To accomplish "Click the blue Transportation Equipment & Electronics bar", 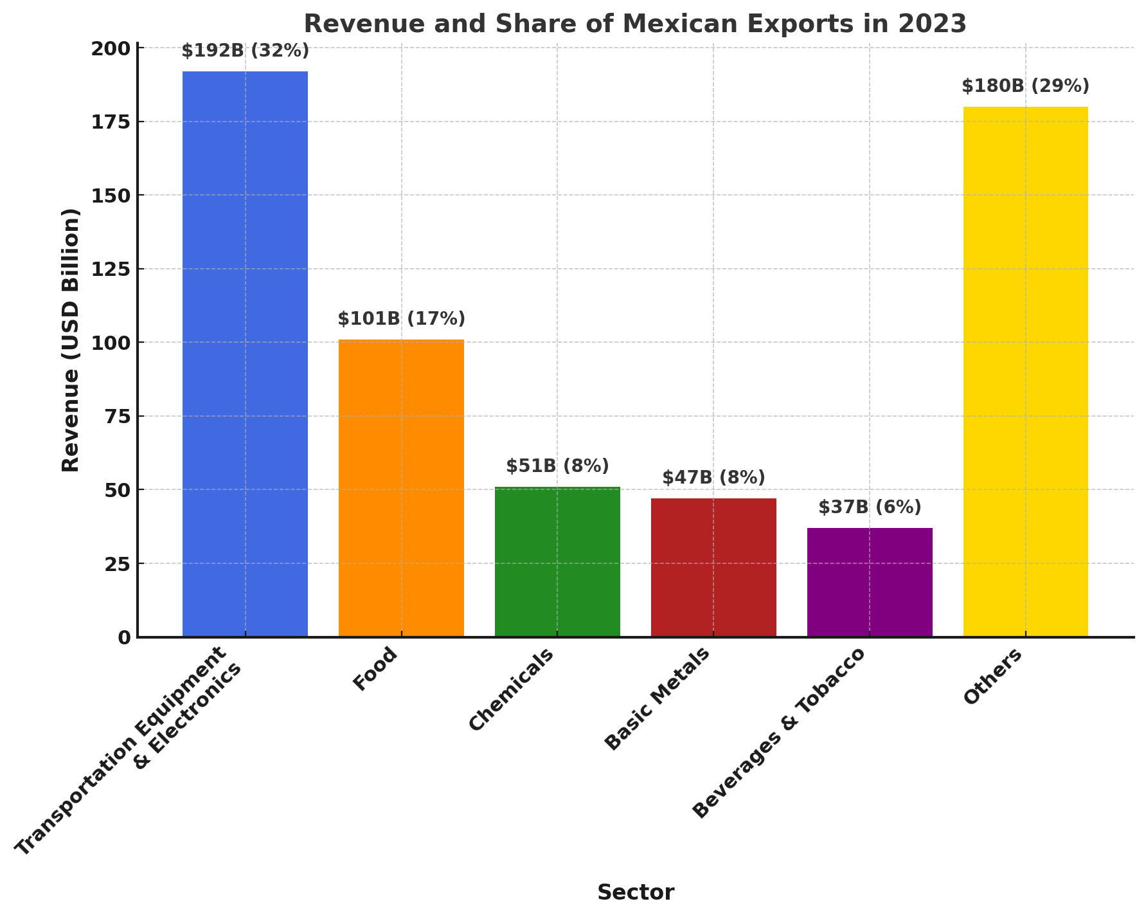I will point(245,354).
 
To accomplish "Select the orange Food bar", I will point(401,488).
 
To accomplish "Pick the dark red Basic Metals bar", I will point(713,567).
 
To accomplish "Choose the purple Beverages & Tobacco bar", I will point(870,582).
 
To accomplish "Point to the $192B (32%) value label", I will point(245,51).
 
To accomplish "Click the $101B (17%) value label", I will point(401,319).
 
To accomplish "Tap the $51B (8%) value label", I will point(557,466).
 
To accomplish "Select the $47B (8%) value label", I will point(713,478).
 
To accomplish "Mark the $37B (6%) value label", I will point(870,507).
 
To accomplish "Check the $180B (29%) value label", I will point(1025,86).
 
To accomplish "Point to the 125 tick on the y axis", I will point(110,269).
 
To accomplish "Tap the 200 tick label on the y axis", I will point(110,48).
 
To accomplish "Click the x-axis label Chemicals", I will point(511,689).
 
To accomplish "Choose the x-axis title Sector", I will point(636,893).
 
